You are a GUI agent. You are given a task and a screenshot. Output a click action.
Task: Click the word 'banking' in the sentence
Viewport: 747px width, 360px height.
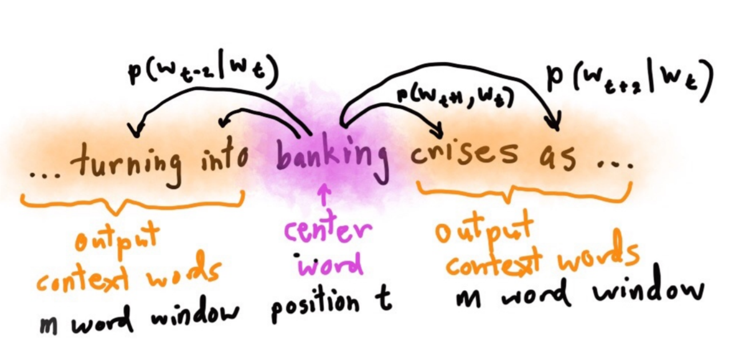pyautogui.click(x=331, y=153)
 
